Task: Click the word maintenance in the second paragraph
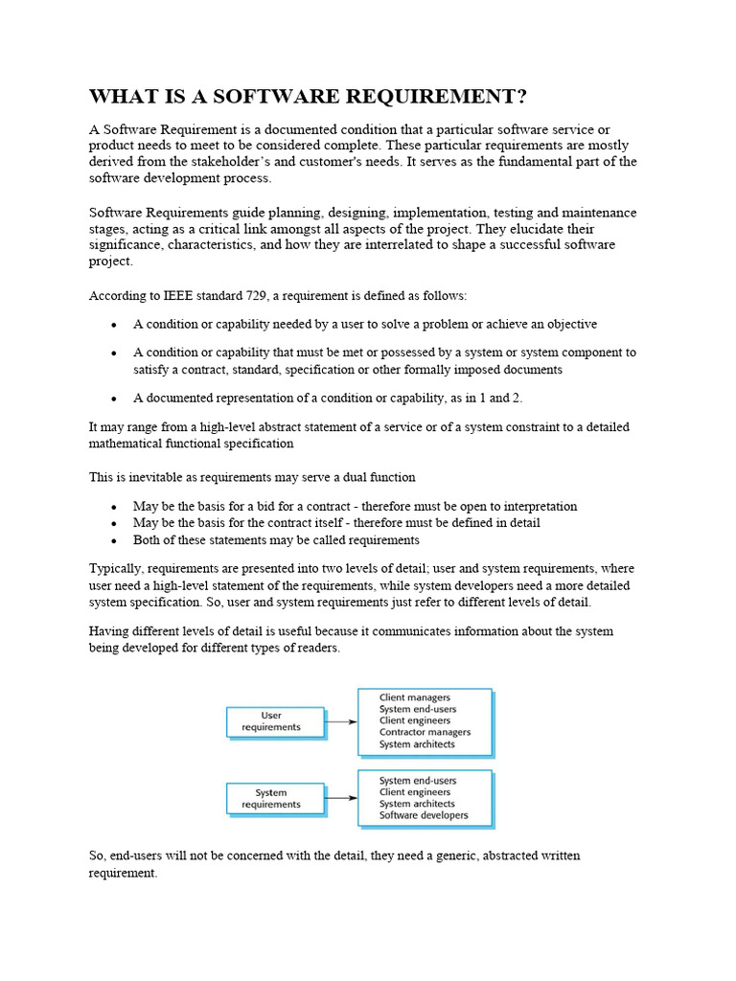(x=590, y=212)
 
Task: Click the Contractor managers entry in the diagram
(x=425, y=732)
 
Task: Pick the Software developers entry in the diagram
(x=424, y=815)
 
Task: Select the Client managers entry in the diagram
(x=415, y=697)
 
